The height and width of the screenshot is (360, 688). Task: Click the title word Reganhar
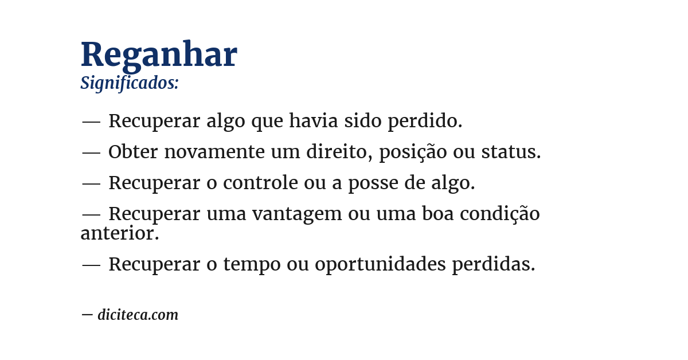(x=158, y=55)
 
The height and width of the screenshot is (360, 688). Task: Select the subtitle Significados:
(x=130, y=83)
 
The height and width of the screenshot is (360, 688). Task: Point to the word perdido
(x=425, y=121)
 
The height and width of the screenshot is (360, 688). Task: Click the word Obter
(x=133, y=152)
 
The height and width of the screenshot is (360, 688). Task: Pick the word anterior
(x=119, y=233)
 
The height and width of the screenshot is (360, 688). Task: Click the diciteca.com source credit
(x=138, y=315)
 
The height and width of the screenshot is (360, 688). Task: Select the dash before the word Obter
(x=91, y=152)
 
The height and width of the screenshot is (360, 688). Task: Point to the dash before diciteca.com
(x=87, y=315)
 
